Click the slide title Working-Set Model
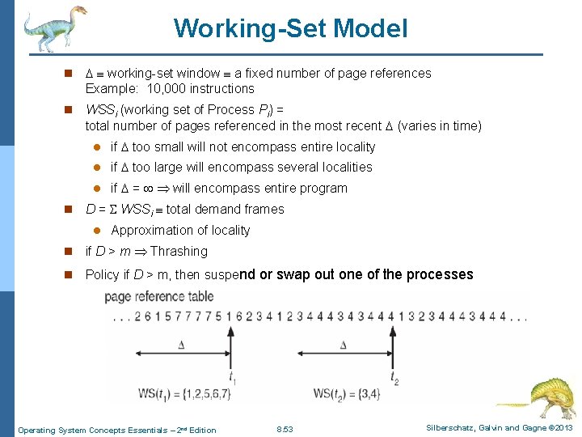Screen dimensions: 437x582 tap(290, 29)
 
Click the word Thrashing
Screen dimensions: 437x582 tap(179, 252)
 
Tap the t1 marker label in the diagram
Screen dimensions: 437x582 tap(232, 376)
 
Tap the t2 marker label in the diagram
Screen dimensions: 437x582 tap(394, 376)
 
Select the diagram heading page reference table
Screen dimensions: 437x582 tap(159, 296)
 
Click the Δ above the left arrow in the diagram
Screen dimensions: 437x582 tap(181, 345)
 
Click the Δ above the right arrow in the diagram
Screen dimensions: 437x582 tap(344, 345)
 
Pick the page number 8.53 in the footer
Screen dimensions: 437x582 tap(285, 429)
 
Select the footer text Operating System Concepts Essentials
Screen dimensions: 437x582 tap(89, 430)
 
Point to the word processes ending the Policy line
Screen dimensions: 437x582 tap(441, 274)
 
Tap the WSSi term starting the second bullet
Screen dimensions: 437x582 tap(100, 110)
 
